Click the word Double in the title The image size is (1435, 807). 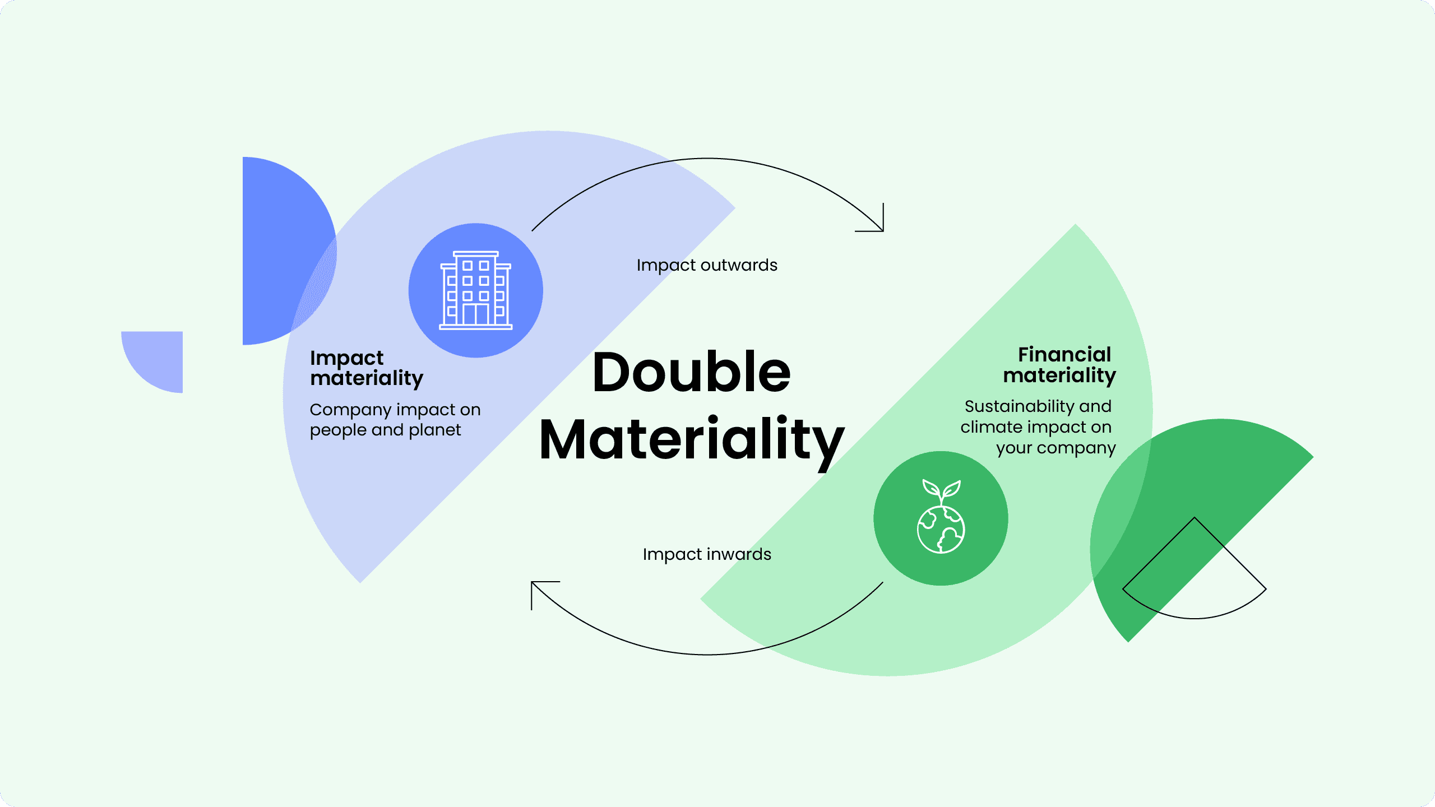click(691, 372)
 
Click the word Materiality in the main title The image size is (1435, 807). click(691, 440)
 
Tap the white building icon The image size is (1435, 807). click(475, 290)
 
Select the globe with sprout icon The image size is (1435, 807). click(941, 517)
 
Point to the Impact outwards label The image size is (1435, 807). click(707, 265)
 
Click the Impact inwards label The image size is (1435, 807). click(707, 554)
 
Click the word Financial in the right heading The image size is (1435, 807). click(1064, 355)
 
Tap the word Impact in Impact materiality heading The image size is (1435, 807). click(346, 358)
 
